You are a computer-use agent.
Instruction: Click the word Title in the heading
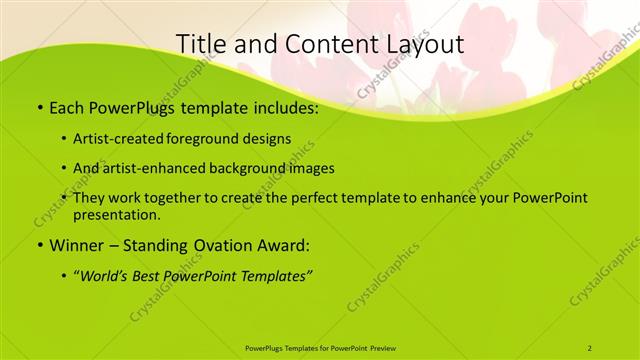pyautogui.click(x=199, y=45)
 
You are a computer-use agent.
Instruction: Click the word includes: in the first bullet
pyautogui.click(x=282, y=108)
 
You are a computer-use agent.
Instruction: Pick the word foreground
pyautogui.click(x=206, y=138)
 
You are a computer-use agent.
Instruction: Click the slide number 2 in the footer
pyautogui.click(x=590, y=347)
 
